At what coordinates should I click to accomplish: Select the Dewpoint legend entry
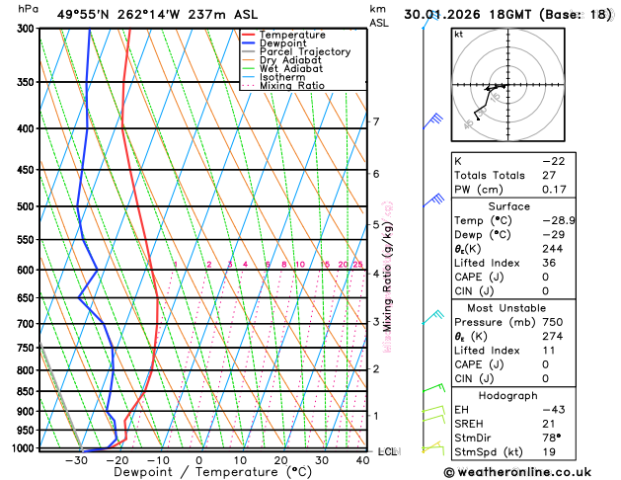tap(282, 43)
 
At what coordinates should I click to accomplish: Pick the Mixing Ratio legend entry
tap(291, 86)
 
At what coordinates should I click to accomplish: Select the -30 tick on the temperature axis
tap(75, 460)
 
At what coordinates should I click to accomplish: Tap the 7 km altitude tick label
tap(375, 121)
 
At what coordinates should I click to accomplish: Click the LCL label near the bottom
tap(387, 451)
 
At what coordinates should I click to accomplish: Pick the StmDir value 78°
tap(551, 438)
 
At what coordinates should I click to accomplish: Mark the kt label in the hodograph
tap(458, 34)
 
